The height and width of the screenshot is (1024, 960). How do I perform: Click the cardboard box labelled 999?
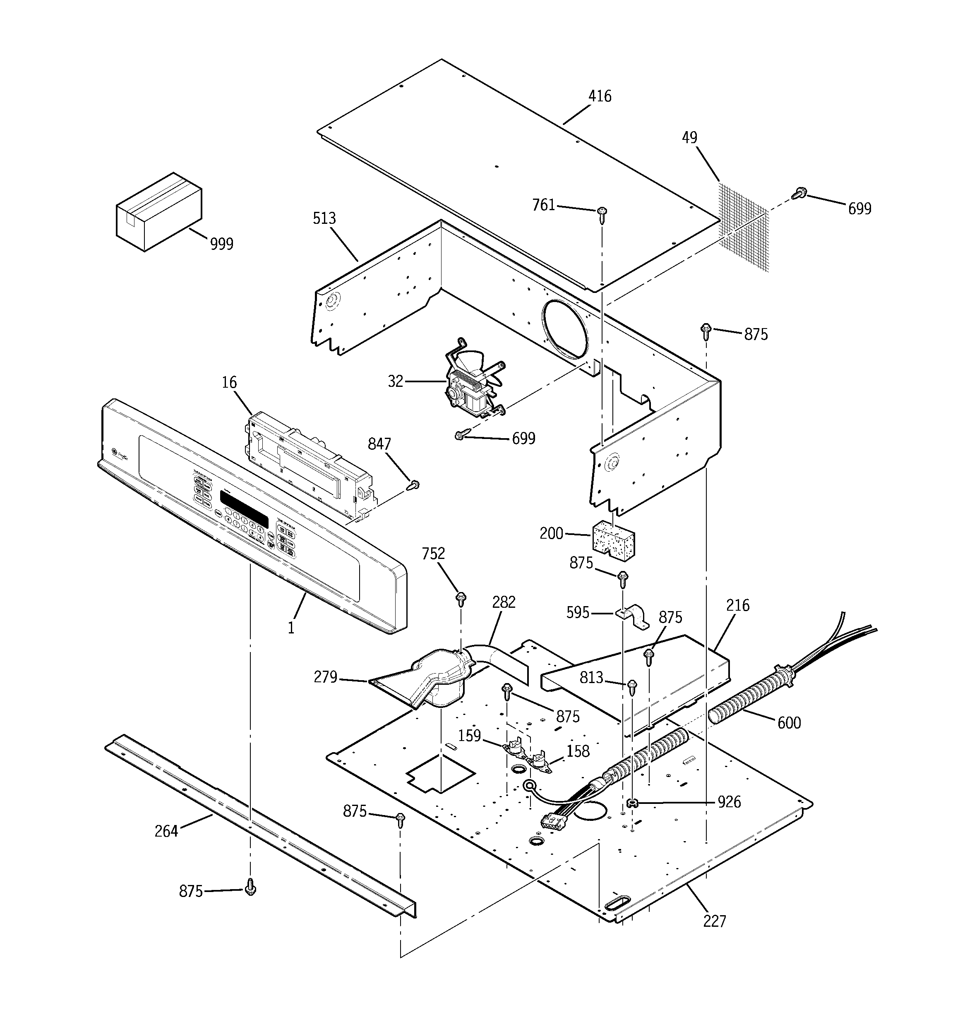click(158, 212)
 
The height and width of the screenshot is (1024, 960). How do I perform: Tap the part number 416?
click(600, 96)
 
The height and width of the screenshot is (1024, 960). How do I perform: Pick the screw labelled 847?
click(413, 485)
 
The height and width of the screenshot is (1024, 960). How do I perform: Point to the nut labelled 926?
click(631, 802)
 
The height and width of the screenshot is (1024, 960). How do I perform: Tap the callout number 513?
click(324, 218)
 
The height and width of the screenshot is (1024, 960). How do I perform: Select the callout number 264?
click(166, 831)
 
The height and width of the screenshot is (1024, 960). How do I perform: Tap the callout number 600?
click(789, 723)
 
